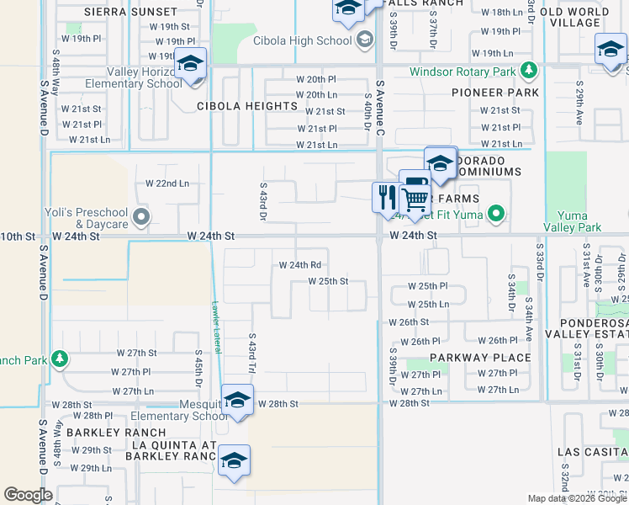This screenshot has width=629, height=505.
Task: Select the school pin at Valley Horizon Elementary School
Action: [x=191, y=66]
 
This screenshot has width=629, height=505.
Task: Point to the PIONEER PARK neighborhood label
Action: [x=494, y=92]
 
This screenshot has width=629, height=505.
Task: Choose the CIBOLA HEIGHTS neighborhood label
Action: [x=247, y=106]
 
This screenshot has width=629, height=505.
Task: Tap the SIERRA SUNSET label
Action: [x=129, y=12]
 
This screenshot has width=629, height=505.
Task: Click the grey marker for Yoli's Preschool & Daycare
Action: [x=141, y=218]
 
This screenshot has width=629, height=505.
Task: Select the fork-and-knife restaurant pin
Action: [x=387, y=198]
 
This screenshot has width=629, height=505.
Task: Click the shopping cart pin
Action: [x=415, y=199]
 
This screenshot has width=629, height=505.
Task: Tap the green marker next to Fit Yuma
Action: [x=496, y=213]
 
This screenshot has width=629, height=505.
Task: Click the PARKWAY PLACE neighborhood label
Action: [x=480, y=358]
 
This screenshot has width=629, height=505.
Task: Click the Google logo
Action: [x=29, y=495]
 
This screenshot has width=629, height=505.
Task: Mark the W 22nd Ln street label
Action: [x=167, y=183]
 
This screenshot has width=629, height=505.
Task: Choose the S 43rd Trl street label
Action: [x=251, y=353]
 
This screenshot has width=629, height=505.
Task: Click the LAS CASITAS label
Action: [x=593, y=451]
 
